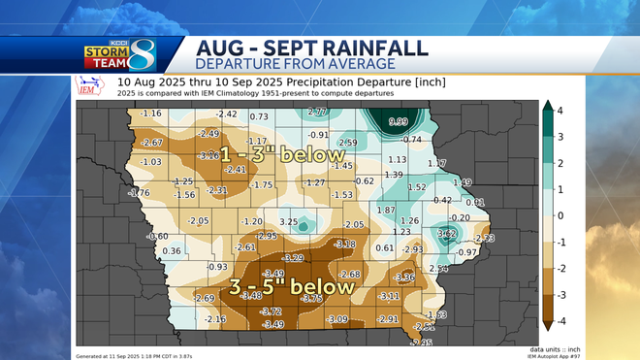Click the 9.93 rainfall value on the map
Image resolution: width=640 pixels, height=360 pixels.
tap(398, 122)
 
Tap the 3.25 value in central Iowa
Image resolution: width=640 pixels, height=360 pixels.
tap(288, 222)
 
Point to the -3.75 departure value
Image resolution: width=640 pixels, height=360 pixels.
tap(311, 299)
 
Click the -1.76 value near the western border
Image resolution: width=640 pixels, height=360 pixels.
tap(139, 193)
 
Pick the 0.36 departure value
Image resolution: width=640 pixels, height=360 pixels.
tap(172, 251)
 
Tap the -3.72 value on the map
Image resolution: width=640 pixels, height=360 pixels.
tap(271, 311)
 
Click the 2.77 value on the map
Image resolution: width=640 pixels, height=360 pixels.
tap(317, 113)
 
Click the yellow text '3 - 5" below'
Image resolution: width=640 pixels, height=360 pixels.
tap(276, 287)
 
